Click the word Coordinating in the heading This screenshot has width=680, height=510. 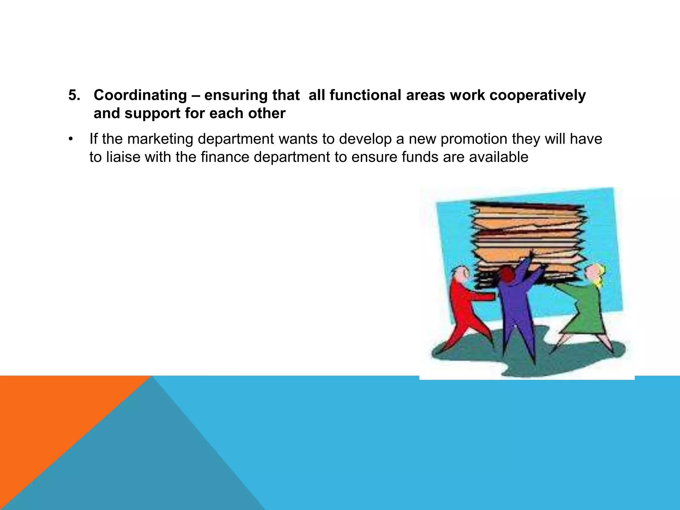[140, 96]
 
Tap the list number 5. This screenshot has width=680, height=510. [74, 96]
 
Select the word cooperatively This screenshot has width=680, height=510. [538, 96]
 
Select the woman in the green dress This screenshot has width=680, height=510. [584, 309]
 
